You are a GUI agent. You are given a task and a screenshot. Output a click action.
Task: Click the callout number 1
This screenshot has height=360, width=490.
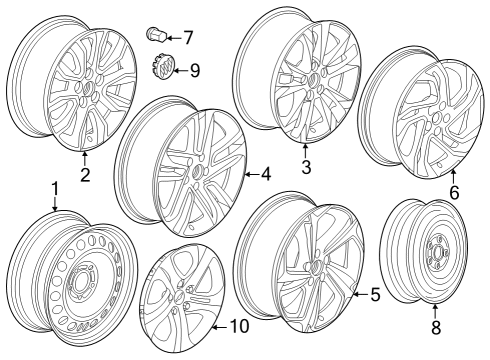coord(56,188)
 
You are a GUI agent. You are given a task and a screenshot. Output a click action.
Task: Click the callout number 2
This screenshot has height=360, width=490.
coord(85,175)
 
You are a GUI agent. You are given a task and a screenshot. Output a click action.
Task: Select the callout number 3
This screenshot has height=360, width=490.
coord(306,168)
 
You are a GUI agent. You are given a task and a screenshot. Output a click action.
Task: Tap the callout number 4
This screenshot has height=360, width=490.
coord(266,174)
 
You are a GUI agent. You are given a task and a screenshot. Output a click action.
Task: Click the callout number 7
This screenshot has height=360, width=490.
coord(186,39)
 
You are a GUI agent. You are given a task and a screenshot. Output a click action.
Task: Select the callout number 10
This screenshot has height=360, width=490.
coord(238,325)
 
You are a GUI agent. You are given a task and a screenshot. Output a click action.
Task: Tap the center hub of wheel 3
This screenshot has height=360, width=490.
coord(312,82)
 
